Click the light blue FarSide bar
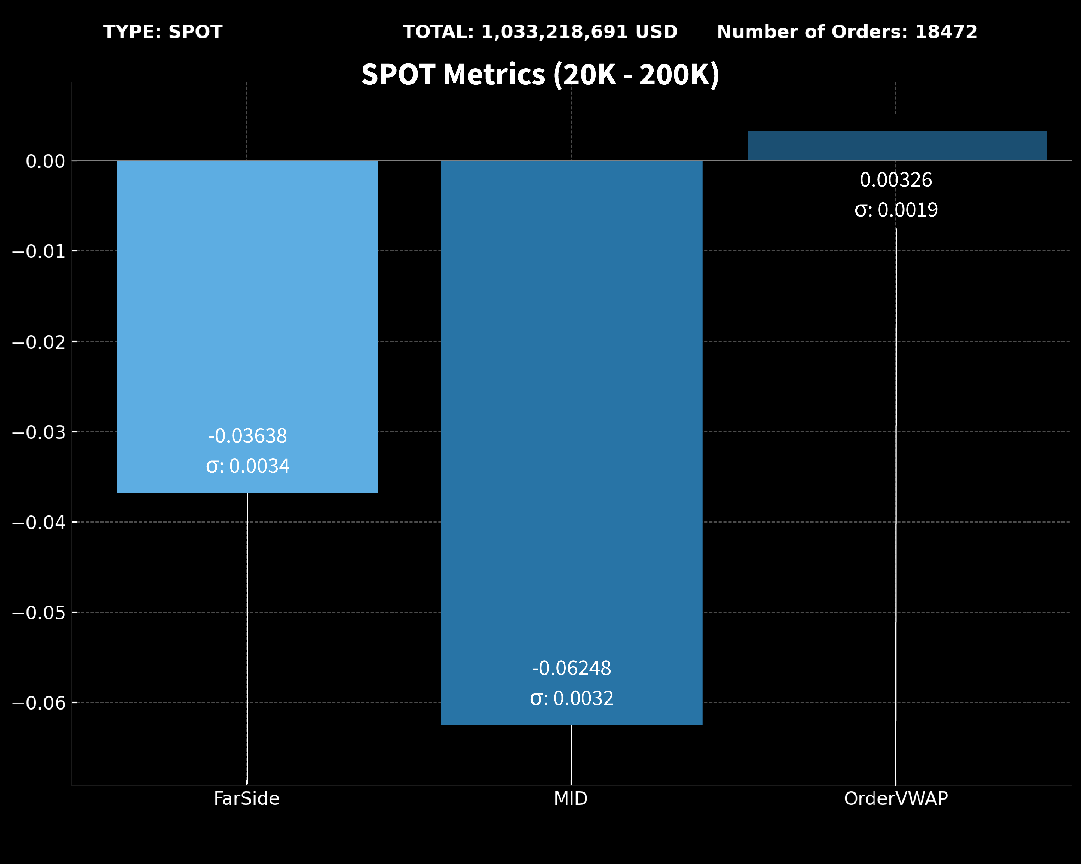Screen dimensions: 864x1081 pyautogui.click(x=247, y=301)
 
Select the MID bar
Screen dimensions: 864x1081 pyautogui.click(x=571, y=401)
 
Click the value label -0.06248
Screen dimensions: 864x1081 pyautogui.click(x=571, y=668)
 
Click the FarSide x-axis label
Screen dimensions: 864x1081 pyautogui.click(x=247, y=798)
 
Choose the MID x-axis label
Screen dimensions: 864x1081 pyautogui.click(x=571, y=798)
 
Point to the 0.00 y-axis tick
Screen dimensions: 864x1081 pyautogui.click(x=45, y=161)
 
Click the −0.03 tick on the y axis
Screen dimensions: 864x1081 pyautogui.click(x=38, y=432)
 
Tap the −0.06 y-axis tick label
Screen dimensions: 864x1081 pyautogui.click(x=38, y=703)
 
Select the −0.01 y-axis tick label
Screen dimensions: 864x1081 pyautogui.click(x=38, y=252)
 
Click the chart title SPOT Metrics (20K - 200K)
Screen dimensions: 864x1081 pyautogui.click(x=540, y=74)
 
